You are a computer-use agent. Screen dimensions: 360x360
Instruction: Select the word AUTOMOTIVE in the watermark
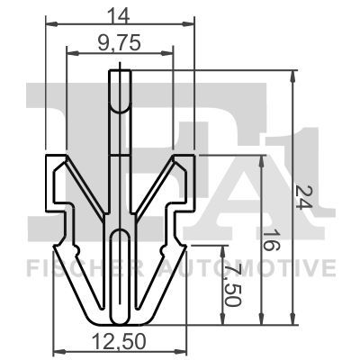(256, 267)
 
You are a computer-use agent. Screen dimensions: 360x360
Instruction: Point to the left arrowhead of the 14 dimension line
(49, 25)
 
